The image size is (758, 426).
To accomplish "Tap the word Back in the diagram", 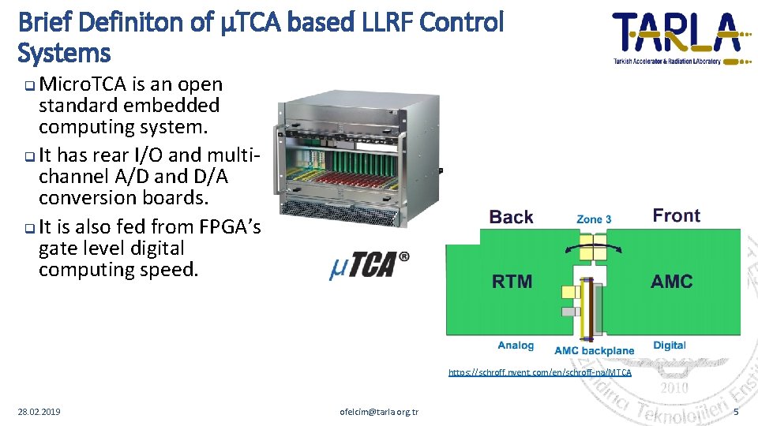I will pyautogui.click(x=511, y=217).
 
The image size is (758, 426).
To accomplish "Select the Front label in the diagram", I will pyautogui.click(x=676, y=215).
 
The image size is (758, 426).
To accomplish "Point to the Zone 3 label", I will pyautogui.click(x=594, y=219).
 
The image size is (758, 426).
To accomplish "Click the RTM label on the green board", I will pyautogui.click(x=512, y=281).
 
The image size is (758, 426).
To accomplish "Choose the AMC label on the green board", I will pyautogui.click(x=671, y=281).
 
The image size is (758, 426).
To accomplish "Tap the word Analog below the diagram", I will pyautogui.click(x=516, y=346).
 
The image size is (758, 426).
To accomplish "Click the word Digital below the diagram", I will pyautogui.click(x=669, y=346).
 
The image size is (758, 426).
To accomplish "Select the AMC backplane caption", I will pyautogui.click(x=594, y=350).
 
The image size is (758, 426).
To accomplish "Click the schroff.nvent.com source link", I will pyautogui.click(x=539, y=372).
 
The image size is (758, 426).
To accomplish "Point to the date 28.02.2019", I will pyautogui.click(x=39, y=412).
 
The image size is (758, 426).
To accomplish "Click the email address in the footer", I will pyautogui.click(x=379, y=412).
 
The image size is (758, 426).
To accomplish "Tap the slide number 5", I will pyautogui.click(x=736, y=413).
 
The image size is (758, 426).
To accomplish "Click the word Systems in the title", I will pyautogui.click(x=63, y=54).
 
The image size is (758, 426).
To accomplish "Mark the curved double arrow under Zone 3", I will pyautogui.click(x=593, y=249).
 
